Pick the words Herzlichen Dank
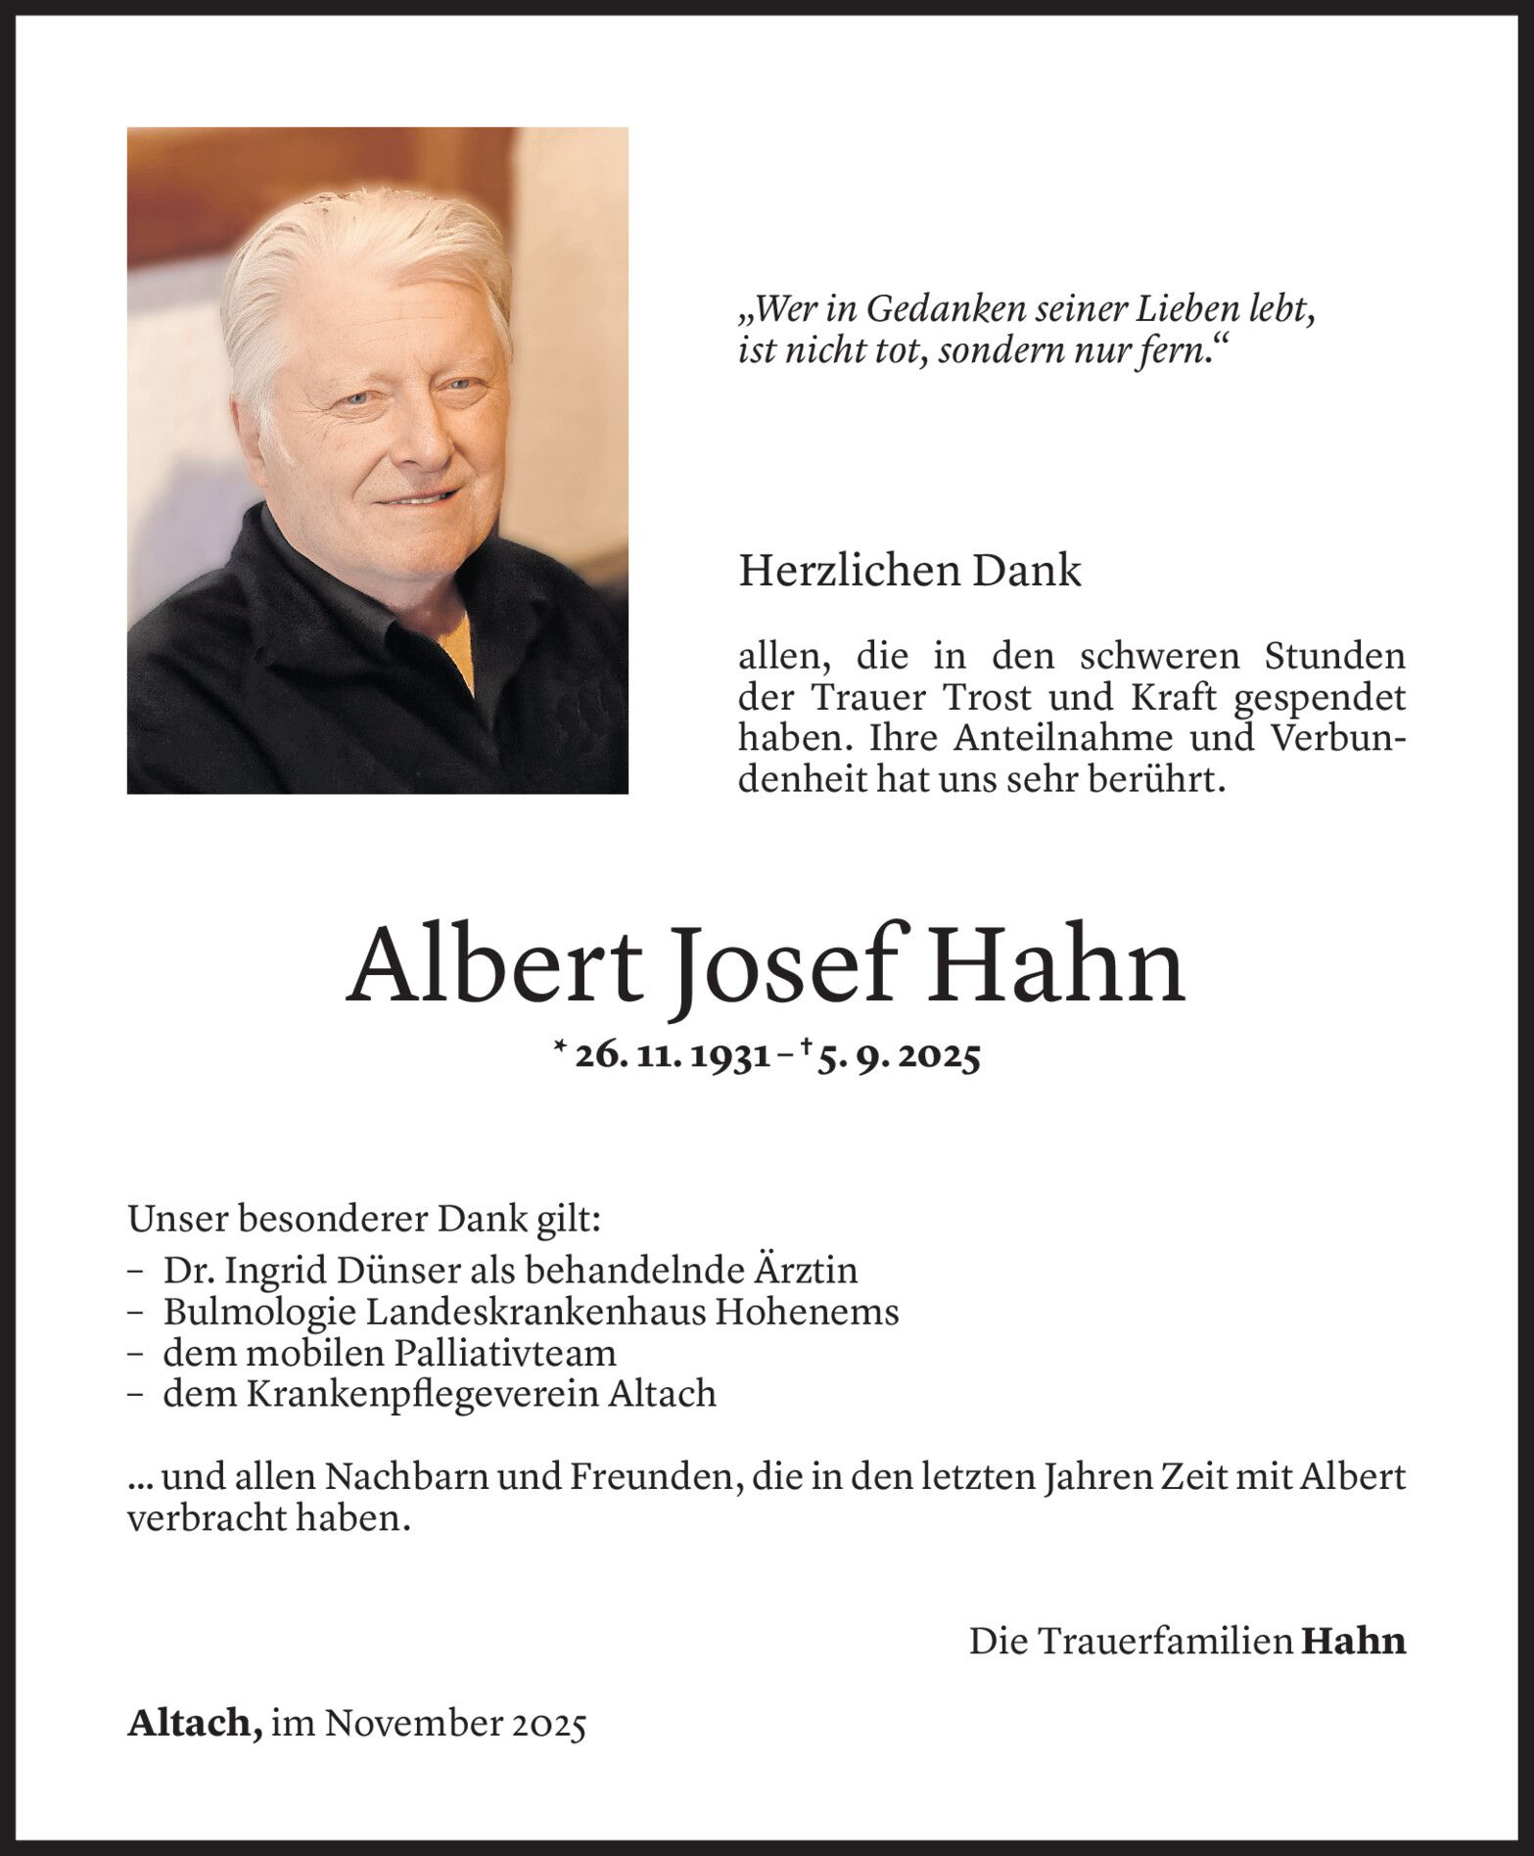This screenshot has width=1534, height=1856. pos(909,572)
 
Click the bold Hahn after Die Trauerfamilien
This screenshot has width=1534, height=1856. pos(1353,1642)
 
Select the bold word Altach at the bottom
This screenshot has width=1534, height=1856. pos(194,1724)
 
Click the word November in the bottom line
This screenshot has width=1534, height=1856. pos(413,1724)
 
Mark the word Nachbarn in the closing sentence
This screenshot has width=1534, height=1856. pos(409,1477)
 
